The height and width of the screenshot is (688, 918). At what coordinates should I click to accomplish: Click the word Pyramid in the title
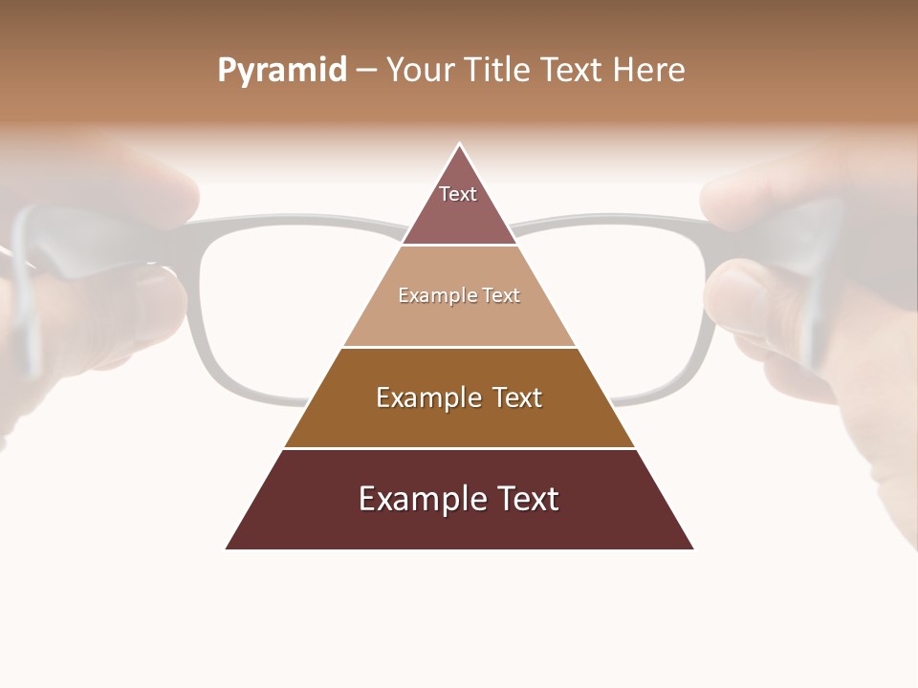click(282, 71)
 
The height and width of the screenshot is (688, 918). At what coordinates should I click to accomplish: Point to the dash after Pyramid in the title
click(366, 71)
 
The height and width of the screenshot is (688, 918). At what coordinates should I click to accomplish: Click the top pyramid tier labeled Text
click(458, 205)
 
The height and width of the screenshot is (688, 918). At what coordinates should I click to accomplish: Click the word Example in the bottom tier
click(423, 500)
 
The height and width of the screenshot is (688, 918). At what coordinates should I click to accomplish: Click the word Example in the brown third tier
click(427, 398)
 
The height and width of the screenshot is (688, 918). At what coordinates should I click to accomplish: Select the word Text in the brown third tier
click(517, 398)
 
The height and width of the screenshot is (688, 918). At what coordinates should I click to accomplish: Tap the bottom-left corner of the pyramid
click(227, 548)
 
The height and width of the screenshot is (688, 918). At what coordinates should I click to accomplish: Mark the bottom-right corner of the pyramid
click(693, 548)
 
